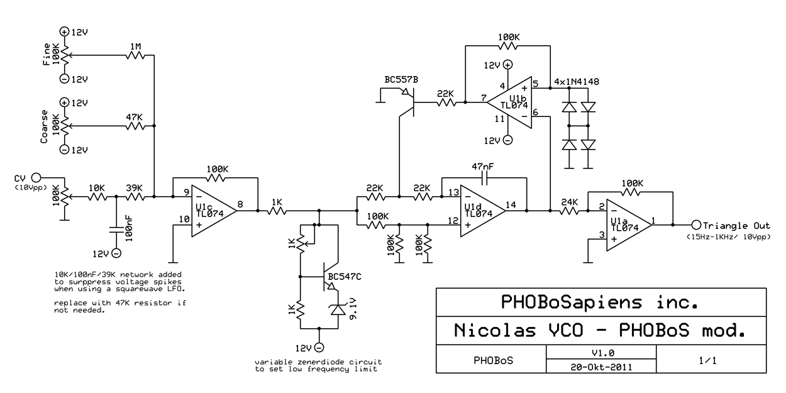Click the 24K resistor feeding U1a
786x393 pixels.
(568, 211)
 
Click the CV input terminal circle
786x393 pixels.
(36, 178)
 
